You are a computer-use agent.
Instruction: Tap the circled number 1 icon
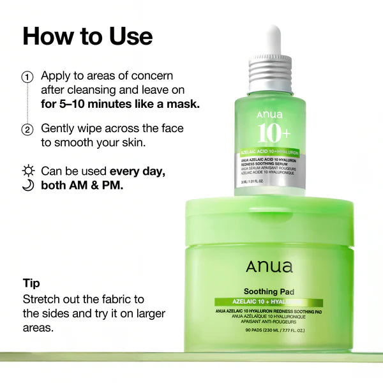pos(27,77)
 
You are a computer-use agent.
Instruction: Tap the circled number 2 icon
pos(27,130)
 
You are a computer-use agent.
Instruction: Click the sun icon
pos(27,171)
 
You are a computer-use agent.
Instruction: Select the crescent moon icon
pos(27,186)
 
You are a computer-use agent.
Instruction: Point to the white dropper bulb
pos(273,39)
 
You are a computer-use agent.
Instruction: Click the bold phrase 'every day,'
pos(138,171)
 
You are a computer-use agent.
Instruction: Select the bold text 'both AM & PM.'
pos(83,186)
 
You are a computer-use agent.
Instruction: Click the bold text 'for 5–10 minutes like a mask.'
pos(120,103)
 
